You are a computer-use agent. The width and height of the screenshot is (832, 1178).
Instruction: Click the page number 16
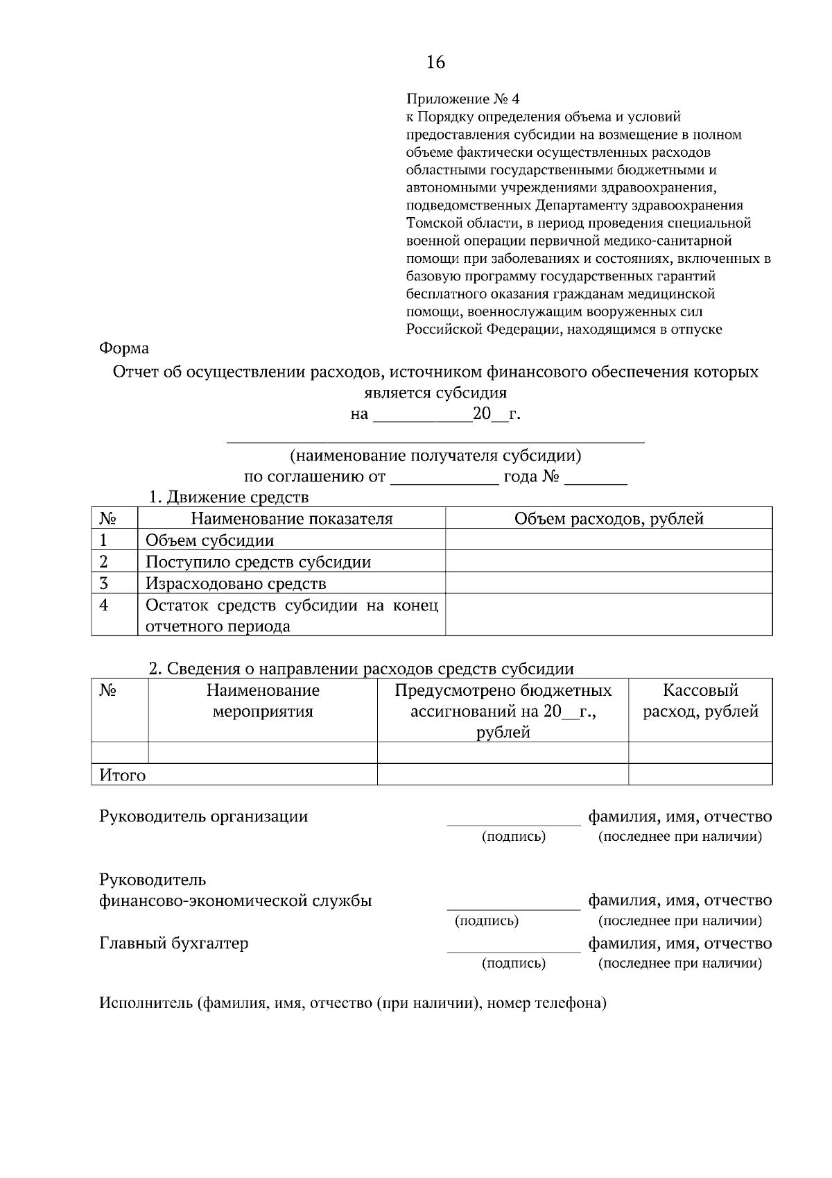point(435,62)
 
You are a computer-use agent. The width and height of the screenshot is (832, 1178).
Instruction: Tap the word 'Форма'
point(124,348)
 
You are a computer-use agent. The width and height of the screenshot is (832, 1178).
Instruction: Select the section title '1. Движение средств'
point(229,497)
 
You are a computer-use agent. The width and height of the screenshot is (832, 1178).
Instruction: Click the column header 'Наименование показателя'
point(291,519)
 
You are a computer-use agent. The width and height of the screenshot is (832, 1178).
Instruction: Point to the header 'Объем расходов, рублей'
point(609,519)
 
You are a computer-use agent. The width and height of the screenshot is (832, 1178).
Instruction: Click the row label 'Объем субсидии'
point(209,540)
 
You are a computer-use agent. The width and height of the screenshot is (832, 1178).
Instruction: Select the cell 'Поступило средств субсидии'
point(258,562)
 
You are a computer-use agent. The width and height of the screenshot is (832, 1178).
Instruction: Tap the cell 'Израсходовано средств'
point(236,583)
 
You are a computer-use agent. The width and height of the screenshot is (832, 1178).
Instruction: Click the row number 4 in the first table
point(104,605)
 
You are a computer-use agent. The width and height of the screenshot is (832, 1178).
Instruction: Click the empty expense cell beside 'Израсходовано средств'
point(609,583)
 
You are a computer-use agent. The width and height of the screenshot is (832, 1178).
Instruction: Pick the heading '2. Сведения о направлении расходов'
point(361,669)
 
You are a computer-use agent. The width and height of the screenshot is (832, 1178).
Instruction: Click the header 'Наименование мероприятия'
point(263,701)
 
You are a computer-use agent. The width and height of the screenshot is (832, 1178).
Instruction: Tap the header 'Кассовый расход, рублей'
point(700,701)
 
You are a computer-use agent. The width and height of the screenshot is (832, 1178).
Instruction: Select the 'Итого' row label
point(123,775)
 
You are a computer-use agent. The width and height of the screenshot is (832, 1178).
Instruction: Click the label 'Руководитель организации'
point(204,817)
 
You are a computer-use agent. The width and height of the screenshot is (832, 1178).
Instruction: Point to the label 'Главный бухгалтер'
point(174,944)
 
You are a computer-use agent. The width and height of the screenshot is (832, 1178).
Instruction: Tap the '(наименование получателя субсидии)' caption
point(435,456)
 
